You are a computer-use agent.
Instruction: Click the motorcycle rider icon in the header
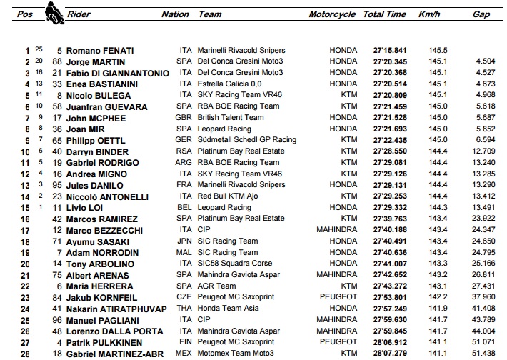(x=52, y=11)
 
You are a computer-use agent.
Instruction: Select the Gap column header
(x=481, y=14)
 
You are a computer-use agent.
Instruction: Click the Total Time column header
(x=384, y=14)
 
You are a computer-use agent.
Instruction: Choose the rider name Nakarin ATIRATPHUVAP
(x=113, y=309)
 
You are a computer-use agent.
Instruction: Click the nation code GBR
(x=185, y=118)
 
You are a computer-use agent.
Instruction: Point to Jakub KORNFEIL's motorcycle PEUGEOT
(x=338, y=296)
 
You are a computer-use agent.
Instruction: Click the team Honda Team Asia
(x=229, y=308)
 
